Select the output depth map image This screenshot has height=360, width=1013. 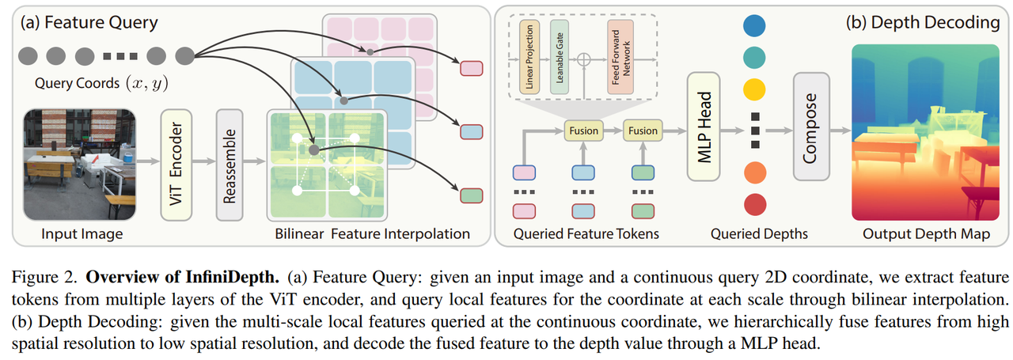tap(925, 132)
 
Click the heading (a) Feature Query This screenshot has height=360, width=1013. tap(91, 22)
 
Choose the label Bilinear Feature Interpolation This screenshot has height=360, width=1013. tap(372, 233)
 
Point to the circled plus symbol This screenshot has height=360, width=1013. tap(586, 59)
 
